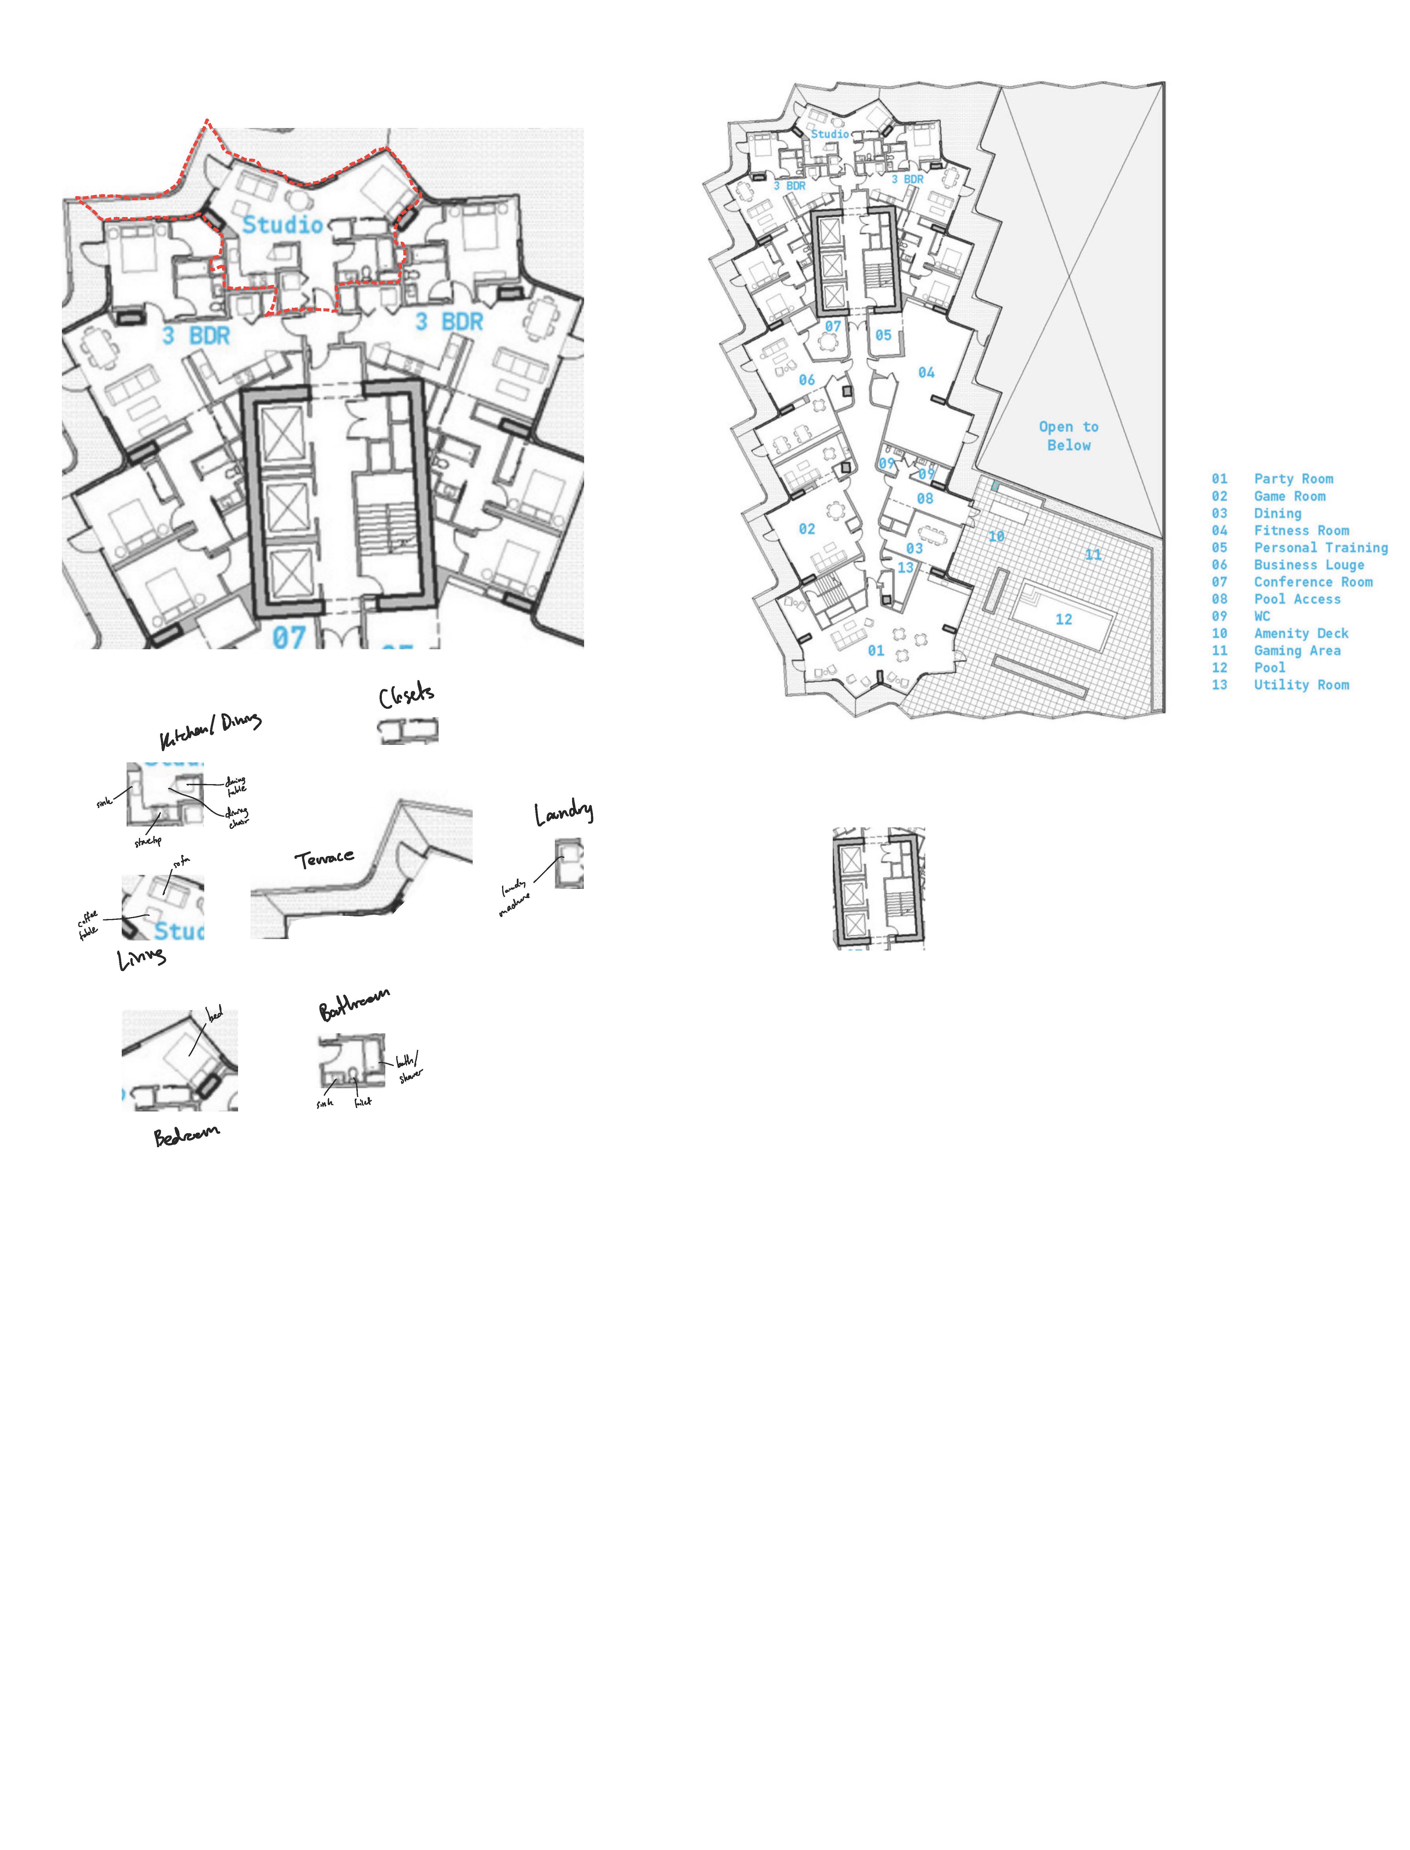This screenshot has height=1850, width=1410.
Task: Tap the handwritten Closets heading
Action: tap(407, 696)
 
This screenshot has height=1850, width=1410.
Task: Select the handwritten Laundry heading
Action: tap(563, 812)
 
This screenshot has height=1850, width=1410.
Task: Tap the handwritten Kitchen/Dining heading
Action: tap(211, 730)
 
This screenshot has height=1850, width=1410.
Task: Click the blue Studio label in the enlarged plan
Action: tap(283, 225)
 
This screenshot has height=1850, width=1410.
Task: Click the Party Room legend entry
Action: tap(1293, 479)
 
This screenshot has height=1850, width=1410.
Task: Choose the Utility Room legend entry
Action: tap(1301, 685)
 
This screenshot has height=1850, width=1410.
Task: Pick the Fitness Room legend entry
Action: tap(1301, 530)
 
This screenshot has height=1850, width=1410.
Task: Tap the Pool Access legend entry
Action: tap(1297, 599)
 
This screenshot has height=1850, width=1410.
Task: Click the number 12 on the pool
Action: tap(1063, 619)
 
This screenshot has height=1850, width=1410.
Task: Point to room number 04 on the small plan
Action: tap(926, 373)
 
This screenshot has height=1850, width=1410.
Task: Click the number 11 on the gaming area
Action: tap(1093, 555)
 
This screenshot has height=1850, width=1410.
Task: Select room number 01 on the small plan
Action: tap(875, 650)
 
